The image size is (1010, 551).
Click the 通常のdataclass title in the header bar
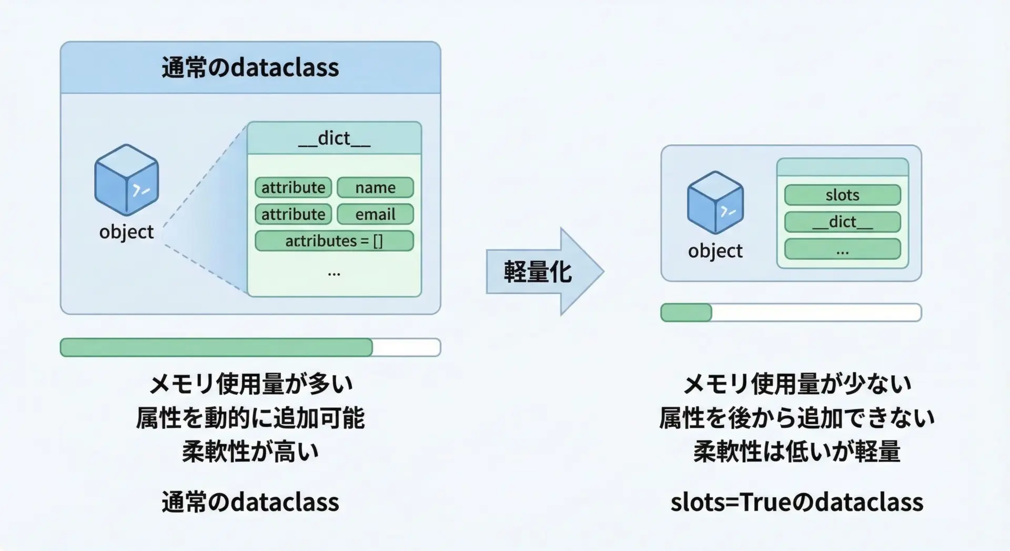pos(250,68)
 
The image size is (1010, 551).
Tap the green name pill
pos(375,187)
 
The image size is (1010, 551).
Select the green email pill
pos(375,214)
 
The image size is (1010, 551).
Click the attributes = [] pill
pos(334,241)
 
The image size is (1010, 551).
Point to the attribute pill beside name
pos(293,187)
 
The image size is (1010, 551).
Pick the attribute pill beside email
pos(293,214)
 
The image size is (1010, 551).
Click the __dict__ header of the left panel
pos(334,138)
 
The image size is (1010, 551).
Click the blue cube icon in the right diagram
pos(715,203)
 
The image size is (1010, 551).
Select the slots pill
pos(842,195)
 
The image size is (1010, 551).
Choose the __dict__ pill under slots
pos(842,222)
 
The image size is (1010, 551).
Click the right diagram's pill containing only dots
pos(842,249)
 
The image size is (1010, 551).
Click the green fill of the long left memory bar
pos(216,347)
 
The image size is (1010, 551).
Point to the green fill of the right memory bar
pos(686,313)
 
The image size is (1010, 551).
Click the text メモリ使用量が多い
pos(250,384)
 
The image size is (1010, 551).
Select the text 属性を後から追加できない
pos(796,418)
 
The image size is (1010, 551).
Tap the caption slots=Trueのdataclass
pos(796,502)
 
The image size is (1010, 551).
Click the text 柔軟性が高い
pos(250,452)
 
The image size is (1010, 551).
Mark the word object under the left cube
pos(126,232)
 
